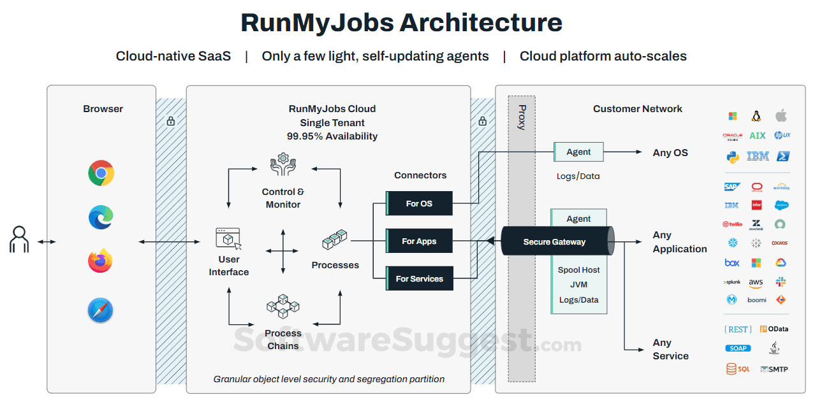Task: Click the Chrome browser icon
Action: tap(101, 173)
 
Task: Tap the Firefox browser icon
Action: tap(101, 261)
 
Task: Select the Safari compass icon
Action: tap(101, 311)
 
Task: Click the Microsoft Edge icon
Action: tap(101, 217)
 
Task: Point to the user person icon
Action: tap(19, 240)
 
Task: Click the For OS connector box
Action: tap(419, 203)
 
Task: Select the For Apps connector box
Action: tap(419, 241)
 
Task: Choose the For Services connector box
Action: tap(419, 278)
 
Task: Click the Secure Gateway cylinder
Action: tap(555, 241)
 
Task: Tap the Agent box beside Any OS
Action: tap(578, 152)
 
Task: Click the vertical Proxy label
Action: tap(522, 117)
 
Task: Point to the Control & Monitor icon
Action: tap(283, 166)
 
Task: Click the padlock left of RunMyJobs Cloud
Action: tap(170, 120)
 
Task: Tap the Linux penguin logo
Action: tap(756, 116)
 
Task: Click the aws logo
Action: tap(756, 282)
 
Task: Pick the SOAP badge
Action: tap(738, 348)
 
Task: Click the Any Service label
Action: tap(670, 349)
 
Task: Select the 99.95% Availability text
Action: tap(332, 136)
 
